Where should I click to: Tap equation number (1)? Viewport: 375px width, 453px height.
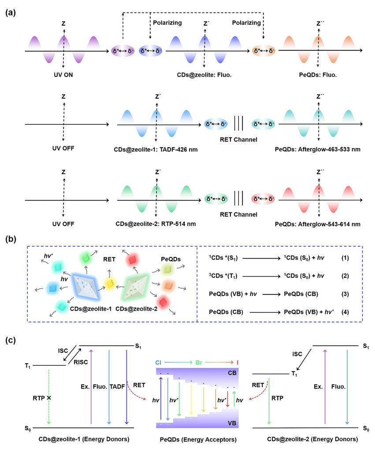(x=345, y=257)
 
